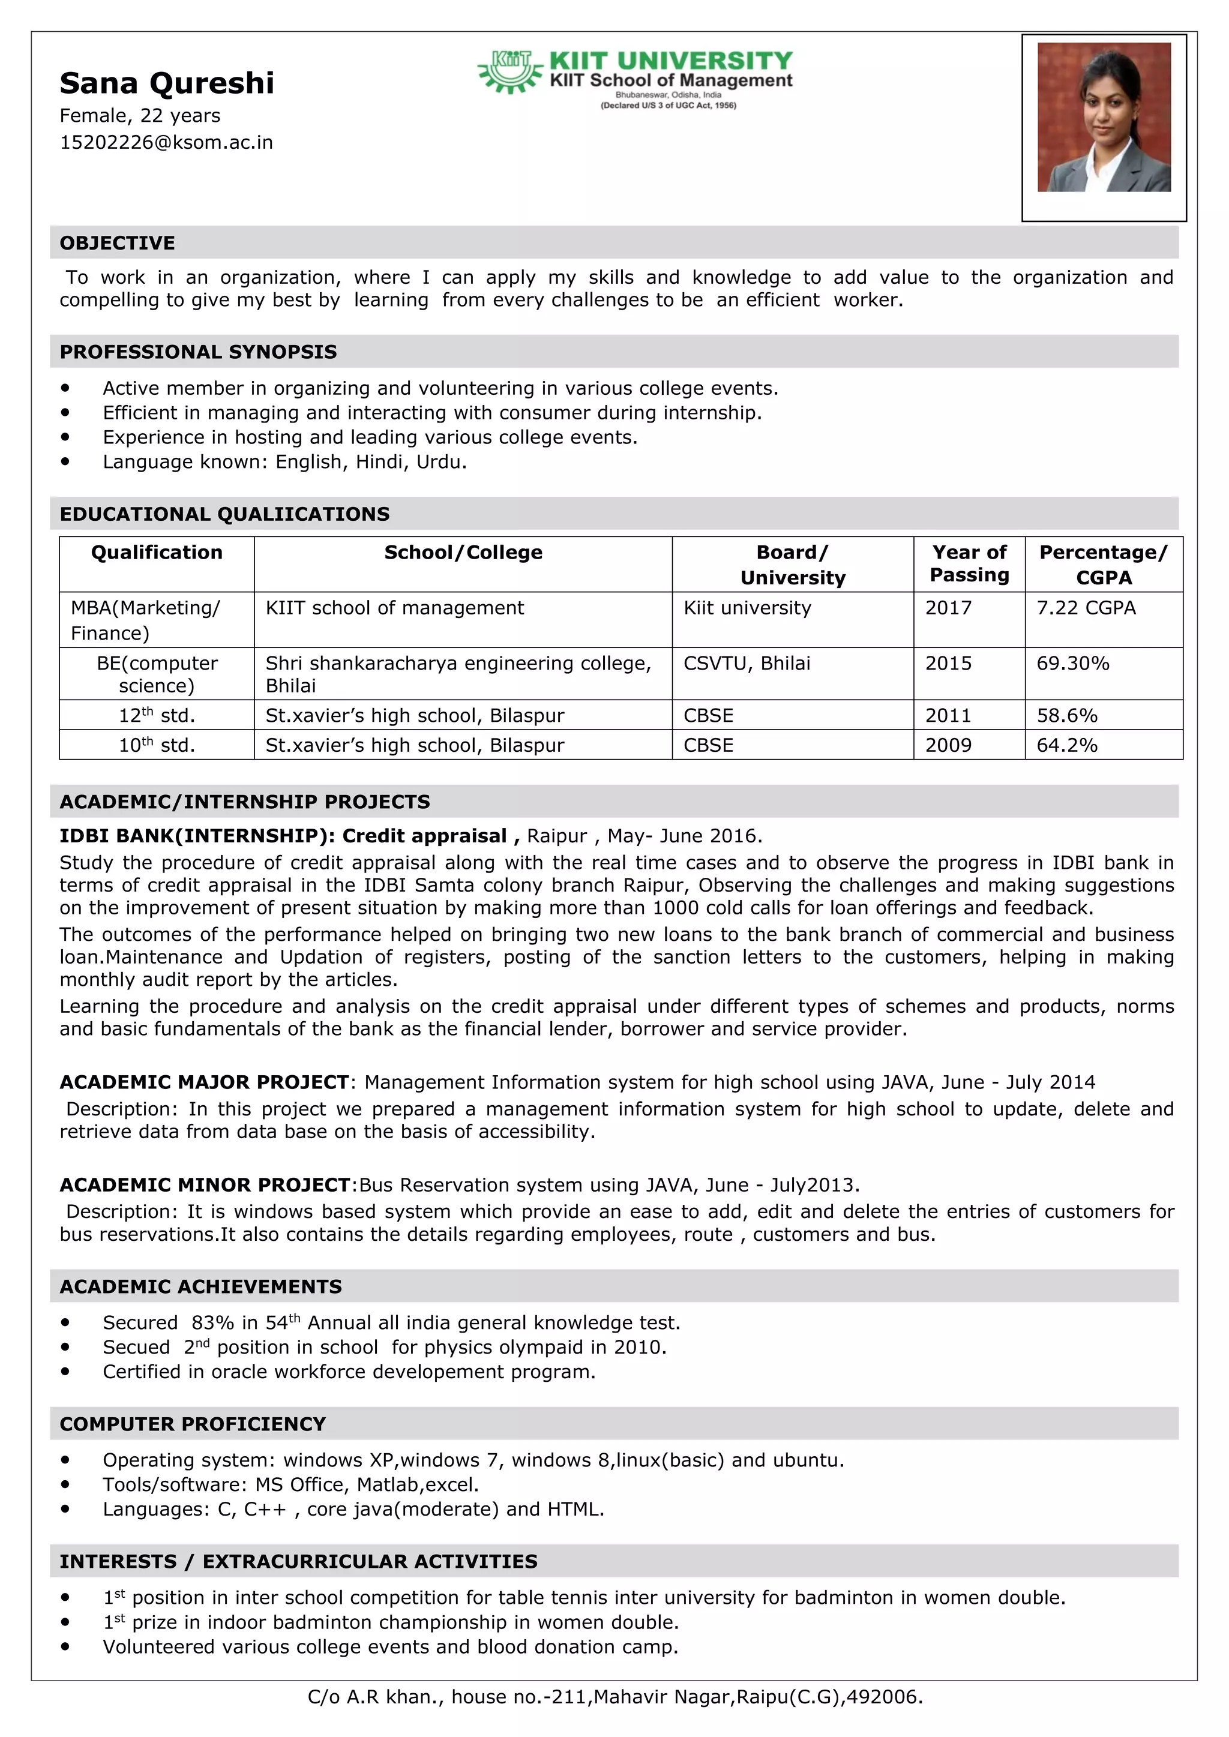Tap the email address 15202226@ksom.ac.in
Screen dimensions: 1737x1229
coord(166,142)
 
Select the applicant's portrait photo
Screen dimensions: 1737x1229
coord(1104,117)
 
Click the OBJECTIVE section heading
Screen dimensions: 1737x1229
coord(117,243)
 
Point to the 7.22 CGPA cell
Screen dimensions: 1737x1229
coord(1086,608)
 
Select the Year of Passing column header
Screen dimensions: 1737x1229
coord(969,563)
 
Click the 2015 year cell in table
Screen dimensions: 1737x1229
coord(948,664)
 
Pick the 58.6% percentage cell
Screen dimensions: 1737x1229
coord(1066,716)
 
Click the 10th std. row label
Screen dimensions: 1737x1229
coord(157,745)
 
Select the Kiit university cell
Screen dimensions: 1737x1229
coord(747,608)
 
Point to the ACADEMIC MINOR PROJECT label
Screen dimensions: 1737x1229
coord(204,1185)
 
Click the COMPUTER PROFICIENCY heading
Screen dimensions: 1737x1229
coord(192,1424)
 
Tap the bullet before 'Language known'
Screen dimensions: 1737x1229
coord(66,461)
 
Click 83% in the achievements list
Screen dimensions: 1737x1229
coord(212,1323)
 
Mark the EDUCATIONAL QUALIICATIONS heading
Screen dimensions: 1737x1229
coord(225,514)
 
